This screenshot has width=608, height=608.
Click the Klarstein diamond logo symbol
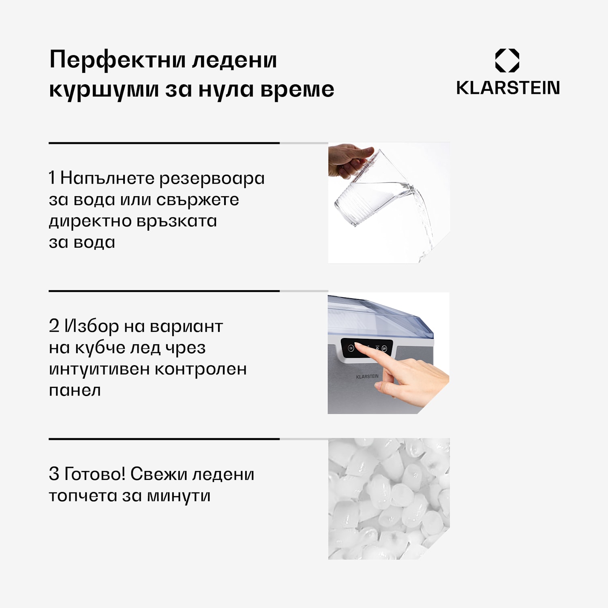click(507, 60)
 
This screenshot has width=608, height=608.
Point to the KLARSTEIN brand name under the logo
click(508, 88)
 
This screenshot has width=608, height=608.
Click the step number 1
click(52, 178)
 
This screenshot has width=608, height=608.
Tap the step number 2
click(54, 325)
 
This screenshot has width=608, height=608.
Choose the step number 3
click(54, 473)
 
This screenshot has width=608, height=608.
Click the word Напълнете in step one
click(107, 178)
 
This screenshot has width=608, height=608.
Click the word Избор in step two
click(92, 325)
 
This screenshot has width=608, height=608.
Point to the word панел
click(75, 390)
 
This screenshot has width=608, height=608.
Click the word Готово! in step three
click(95, 473)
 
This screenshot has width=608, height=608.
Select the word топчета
click(83, 495)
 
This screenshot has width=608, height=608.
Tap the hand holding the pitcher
click(349, 160)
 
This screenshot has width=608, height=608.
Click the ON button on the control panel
click(351, 348)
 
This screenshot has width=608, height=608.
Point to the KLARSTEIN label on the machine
click(367, 377)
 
